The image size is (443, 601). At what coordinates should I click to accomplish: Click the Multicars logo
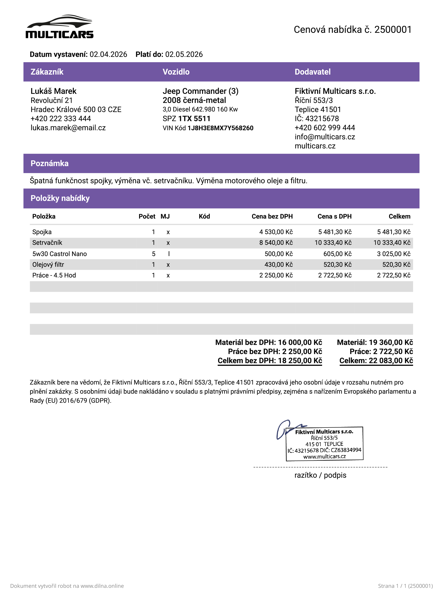point(60,27)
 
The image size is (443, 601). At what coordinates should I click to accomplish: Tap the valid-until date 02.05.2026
point(184,54)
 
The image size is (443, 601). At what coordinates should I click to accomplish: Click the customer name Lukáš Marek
point(53,91)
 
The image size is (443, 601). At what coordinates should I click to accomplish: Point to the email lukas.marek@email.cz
point(68,128)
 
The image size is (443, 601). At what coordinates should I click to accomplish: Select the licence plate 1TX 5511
point(194,119)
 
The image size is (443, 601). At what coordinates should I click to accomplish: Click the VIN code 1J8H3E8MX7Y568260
point(220,128)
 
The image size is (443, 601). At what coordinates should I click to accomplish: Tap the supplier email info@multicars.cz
point(325,137)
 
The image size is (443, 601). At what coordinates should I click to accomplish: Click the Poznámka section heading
point(50,163)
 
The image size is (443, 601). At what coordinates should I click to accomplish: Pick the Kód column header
point(204,217)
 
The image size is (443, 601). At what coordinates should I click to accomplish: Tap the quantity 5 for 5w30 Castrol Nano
point(153,254)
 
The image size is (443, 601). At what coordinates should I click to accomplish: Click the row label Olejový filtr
point(48,265)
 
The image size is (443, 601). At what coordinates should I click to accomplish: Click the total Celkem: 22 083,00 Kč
point(376,361)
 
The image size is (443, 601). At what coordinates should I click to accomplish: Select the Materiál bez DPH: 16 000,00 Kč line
point(269,342)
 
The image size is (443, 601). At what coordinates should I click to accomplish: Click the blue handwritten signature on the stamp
point(284,429)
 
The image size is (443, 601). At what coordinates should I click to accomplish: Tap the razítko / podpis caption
point(320,475)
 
